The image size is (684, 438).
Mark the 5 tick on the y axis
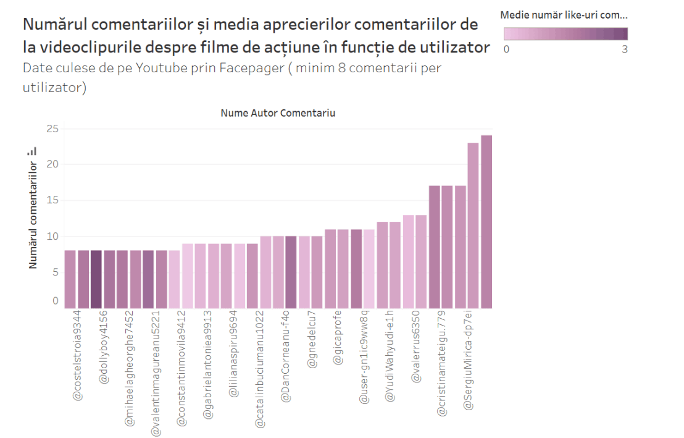point(55,272)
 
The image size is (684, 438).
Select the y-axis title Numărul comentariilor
point(33,214)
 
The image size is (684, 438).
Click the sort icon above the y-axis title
point(32,151)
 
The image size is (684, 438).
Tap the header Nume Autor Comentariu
point(278,114)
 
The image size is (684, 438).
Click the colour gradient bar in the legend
point(565,33)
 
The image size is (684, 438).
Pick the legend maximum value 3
point(624,49)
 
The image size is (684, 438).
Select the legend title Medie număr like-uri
point(563,14)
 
